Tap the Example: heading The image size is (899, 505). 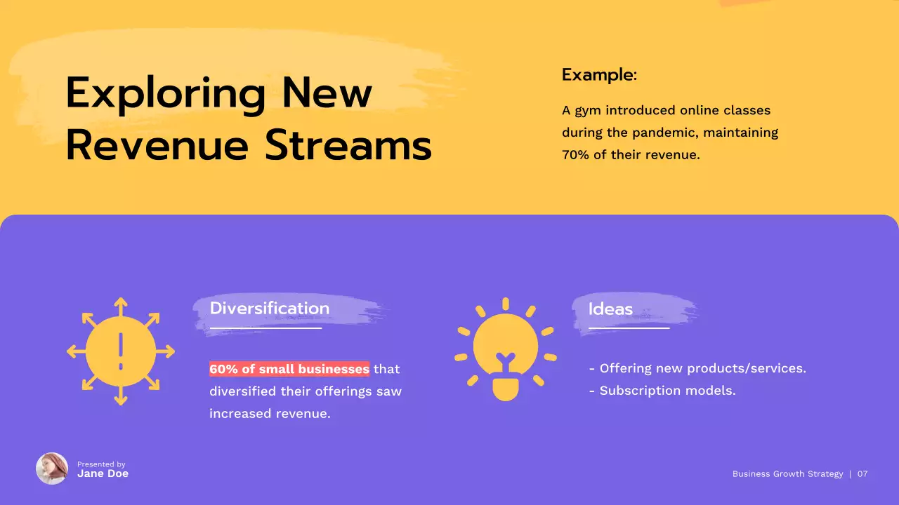coord(599,74)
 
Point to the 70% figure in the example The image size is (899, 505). coord(575,155)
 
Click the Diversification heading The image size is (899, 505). coord(269,309)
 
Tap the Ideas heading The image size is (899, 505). coord(610,309)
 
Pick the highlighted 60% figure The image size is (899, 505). coord(223,369)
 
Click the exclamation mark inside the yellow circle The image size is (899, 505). coord(121,351)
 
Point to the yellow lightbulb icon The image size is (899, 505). coord(505,351)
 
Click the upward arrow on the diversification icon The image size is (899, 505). coord(121,306)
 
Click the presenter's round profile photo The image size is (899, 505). coord(52,469)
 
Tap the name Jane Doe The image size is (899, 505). coord(103,474)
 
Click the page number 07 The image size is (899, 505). coord(862,474)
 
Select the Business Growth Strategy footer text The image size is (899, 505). coord(787,474)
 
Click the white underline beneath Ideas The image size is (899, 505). coord(629,328)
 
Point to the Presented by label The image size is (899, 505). coord(101,464)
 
